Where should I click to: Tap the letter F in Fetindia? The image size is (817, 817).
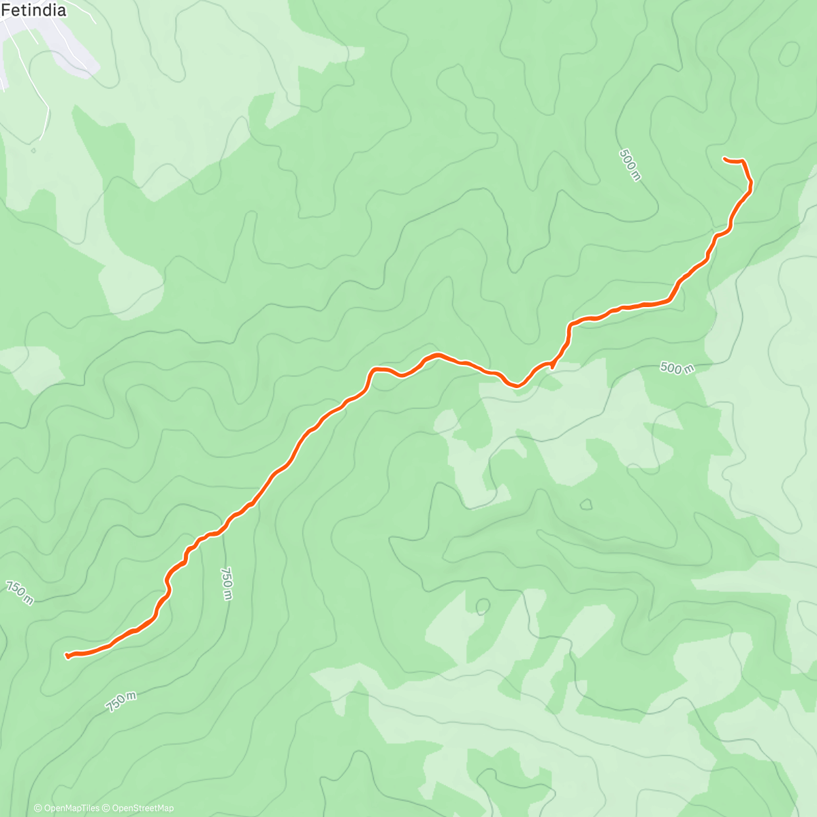pos(5,10)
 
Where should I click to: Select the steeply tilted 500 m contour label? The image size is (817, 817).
pos(630,165)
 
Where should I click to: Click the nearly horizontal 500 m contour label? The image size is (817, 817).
pos(677,368)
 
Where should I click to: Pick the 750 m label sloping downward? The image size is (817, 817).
pos(20,593)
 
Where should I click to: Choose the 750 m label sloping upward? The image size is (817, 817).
pos(121,701)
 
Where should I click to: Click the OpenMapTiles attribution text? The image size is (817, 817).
pos(71,808)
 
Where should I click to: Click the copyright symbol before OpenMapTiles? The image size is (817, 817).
pos(38,808)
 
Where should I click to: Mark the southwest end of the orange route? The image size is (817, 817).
pos(67,656)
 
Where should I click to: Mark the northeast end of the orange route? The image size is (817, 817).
pos(724,159)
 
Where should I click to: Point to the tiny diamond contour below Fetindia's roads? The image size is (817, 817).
pos(32,150)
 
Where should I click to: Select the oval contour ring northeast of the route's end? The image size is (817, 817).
pos(789,54)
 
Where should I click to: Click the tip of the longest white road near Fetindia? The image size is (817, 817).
pos(41,139)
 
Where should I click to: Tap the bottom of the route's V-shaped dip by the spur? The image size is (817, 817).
pos(517,386)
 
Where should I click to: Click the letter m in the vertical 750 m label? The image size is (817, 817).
pos(227,596)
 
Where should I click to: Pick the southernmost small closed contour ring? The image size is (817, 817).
pos(483,606)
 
